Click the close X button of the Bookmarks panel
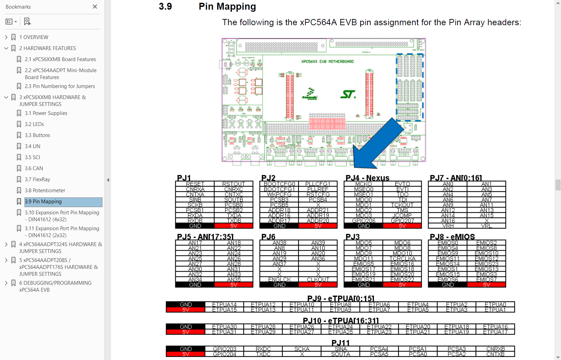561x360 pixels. [95, 7]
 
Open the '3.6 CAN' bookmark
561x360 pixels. [34, 168]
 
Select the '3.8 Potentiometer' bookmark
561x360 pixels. [45, 191]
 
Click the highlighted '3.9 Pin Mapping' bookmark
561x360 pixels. [43, 202]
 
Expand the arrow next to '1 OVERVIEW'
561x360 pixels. [6, 37]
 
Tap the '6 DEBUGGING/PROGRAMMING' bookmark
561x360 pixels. [55, 283]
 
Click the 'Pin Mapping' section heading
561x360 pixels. [227, 7]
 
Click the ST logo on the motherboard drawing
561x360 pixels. [348, 94]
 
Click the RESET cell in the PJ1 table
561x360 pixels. [195, 184]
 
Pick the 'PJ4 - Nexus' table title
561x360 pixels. [367, 178]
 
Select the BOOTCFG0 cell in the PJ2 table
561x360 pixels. [279, 184]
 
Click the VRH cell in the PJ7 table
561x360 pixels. [448, 226]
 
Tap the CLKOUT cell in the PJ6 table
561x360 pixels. [318, 280]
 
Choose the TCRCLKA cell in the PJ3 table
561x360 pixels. [402, 259]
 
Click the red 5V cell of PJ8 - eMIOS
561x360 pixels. [486, 285]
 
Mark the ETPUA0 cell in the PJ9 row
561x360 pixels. [495, 304]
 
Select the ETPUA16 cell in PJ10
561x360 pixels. [495, 327]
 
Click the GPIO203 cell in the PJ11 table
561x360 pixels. [225, 349]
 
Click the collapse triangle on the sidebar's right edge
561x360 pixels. [108, 180]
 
